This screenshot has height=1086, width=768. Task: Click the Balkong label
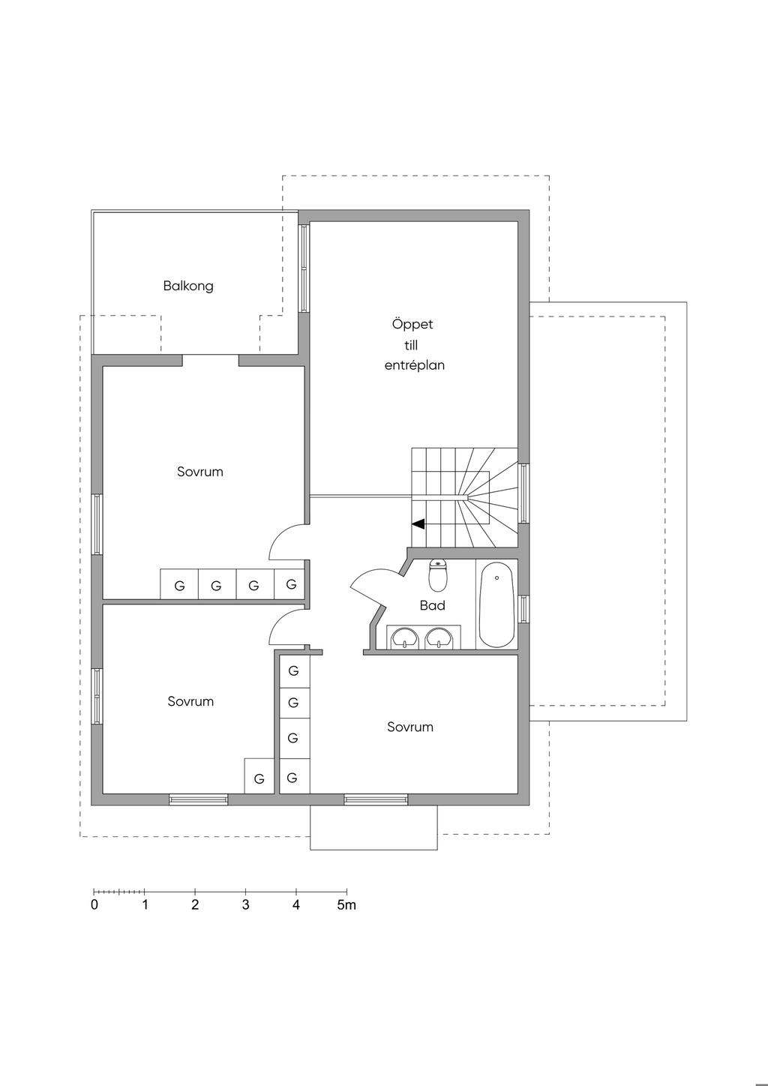pyautogui.click(x=188, y=286)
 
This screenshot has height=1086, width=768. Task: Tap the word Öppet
pyautogui.click(x=412, y=324)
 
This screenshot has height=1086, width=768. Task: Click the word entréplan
pyautogui.click(x=415, y=365)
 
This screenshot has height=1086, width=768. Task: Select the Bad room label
pyautogui.click(x=433, y=605)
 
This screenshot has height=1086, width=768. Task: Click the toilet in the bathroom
pyautogui.click(x=438, y=576)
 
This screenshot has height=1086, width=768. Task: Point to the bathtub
pyautogui.click(x=496, y=604)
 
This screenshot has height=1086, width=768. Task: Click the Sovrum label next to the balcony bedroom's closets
pyautogui.click(x=200, y=472)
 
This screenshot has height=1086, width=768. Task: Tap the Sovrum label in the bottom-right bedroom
pyautogui.click(x=410, y=727)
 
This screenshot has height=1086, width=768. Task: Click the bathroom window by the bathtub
pyautogui.click(x=523, y=608)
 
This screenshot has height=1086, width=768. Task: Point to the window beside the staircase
pyautogui.click(x=523, y=493)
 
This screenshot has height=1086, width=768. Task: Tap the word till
pyautogui.click(x=411, y=345)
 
